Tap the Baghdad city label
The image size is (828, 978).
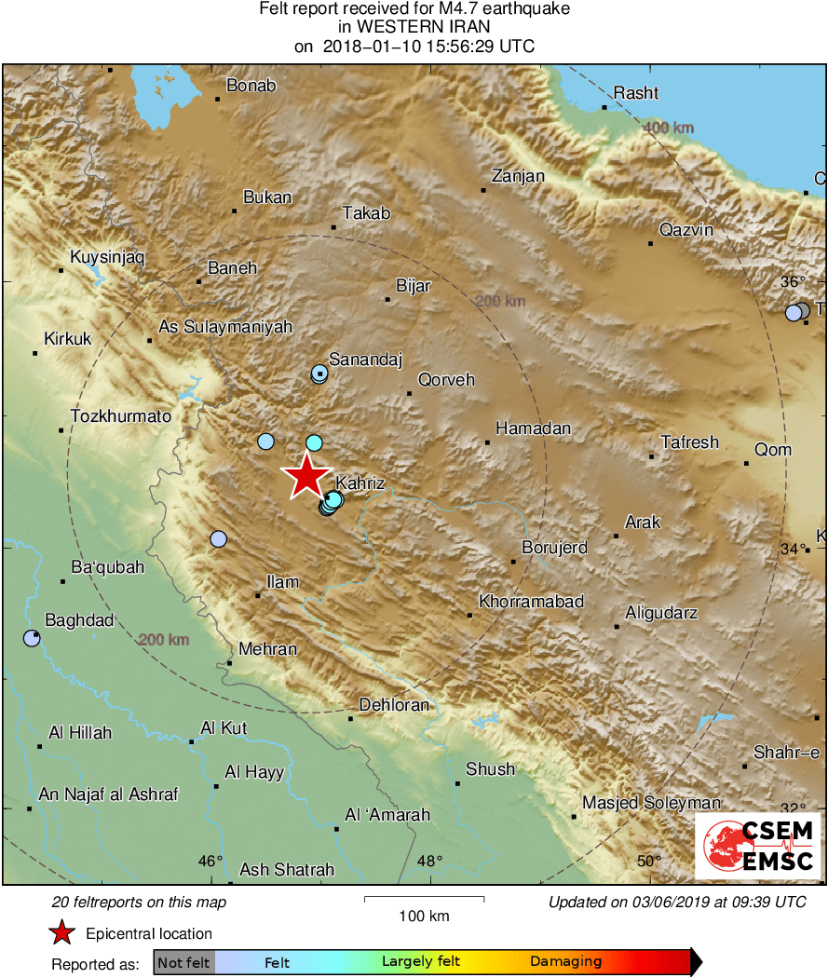(x=80, y=620)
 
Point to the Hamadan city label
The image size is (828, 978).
(x=533, y=428)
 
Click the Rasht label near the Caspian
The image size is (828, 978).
(x=636, y=92)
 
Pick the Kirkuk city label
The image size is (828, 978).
(x=68, y=339)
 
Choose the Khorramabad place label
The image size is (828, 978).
(x=531, y=602)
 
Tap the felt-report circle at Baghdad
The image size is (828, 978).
(x=32, y=638)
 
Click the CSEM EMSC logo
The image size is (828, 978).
(x=758, y=846)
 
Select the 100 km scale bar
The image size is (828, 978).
(x=424, y=899)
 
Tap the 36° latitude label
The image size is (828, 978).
(x=793, y=281)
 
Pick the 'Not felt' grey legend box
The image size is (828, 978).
(x=183, y=962)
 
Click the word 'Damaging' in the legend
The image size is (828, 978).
(x=566, y=961)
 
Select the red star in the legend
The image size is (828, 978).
(x=61, y=933)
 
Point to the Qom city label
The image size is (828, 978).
(x=773, y=450)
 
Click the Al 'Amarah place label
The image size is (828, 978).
(x=387, y=815)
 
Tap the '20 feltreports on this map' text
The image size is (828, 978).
(x=140, y=902)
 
